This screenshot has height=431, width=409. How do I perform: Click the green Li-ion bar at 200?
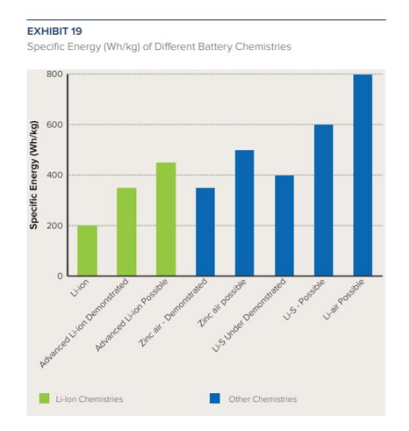tap(87, 250)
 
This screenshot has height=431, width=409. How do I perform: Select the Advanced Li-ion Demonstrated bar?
tap(127, 232)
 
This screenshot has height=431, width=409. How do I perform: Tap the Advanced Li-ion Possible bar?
tap(166, 219)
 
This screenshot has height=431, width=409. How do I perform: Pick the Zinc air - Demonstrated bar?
tap(205, 232)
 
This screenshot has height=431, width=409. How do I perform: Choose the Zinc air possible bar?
tap(244, 213)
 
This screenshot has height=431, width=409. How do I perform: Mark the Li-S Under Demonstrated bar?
tap(284, 225)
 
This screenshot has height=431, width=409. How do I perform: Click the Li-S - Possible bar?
tap(323, 200)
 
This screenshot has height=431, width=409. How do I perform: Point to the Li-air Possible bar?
tap(363, 175)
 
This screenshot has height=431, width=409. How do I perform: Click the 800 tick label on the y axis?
tap(54, 74)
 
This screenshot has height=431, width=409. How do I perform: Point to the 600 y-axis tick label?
tap(54, 124)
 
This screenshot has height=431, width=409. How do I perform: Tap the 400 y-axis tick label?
tap(54, 175)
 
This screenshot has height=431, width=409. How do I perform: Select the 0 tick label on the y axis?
tap(60, 276)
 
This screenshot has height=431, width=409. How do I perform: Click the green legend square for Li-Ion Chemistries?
tap(44, 398)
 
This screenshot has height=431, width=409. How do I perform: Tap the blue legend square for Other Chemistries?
tap(215, 398)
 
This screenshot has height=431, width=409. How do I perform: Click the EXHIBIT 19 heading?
tap(54, 31)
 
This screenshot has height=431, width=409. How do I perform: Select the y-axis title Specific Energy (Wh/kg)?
tap(33, 175)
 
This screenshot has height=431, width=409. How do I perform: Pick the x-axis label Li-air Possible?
tap(344, 299)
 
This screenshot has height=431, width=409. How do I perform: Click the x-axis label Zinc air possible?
tap(222, 303)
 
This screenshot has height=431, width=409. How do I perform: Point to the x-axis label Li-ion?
tap(80, 288)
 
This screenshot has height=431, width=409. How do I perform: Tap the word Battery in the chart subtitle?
tap(215, 47)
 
